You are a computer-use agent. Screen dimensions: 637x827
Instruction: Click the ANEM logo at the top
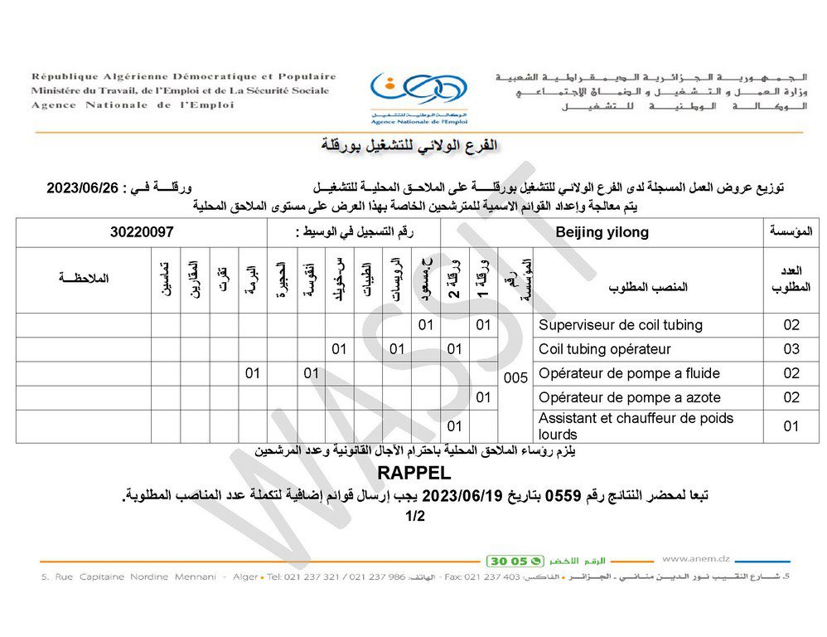click(418, 91)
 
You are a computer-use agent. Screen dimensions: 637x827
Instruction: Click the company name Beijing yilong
click(602, 233)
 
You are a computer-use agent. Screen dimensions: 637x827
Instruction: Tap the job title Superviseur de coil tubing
click(621, 325)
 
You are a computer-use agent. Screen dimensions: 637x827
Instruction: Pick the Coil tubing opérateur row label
click(605, 349)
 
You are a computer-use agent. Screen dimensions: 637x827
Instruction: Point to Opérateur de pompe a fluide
click(629, 373)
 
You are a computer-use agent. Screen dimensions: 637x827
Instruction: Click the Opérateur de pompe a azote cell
click(629, 397)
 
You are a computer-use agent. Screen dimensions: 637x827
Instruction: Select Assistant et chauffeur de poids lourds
click(636, 425)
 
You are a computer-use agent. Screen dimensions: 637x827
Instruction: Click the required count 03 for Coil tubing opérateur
click(791, 349)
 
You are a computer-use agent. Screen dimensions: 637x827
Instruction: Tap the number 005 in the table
click(515, 377)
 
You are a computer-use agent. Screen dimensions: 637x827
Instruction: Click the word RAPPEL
click(413, 474)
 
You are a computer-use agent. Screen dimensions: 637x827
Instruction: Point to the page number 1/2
click(414, 517)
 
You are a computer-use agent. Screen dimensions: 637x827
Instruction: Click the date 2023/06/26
click(83, 188)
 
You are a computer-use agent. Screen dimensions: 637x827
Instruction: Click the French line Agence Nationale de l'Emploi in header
click(133, 105)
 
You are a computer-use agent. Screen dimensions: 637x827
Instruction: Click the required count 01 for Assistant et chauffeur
click(791, 426)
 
